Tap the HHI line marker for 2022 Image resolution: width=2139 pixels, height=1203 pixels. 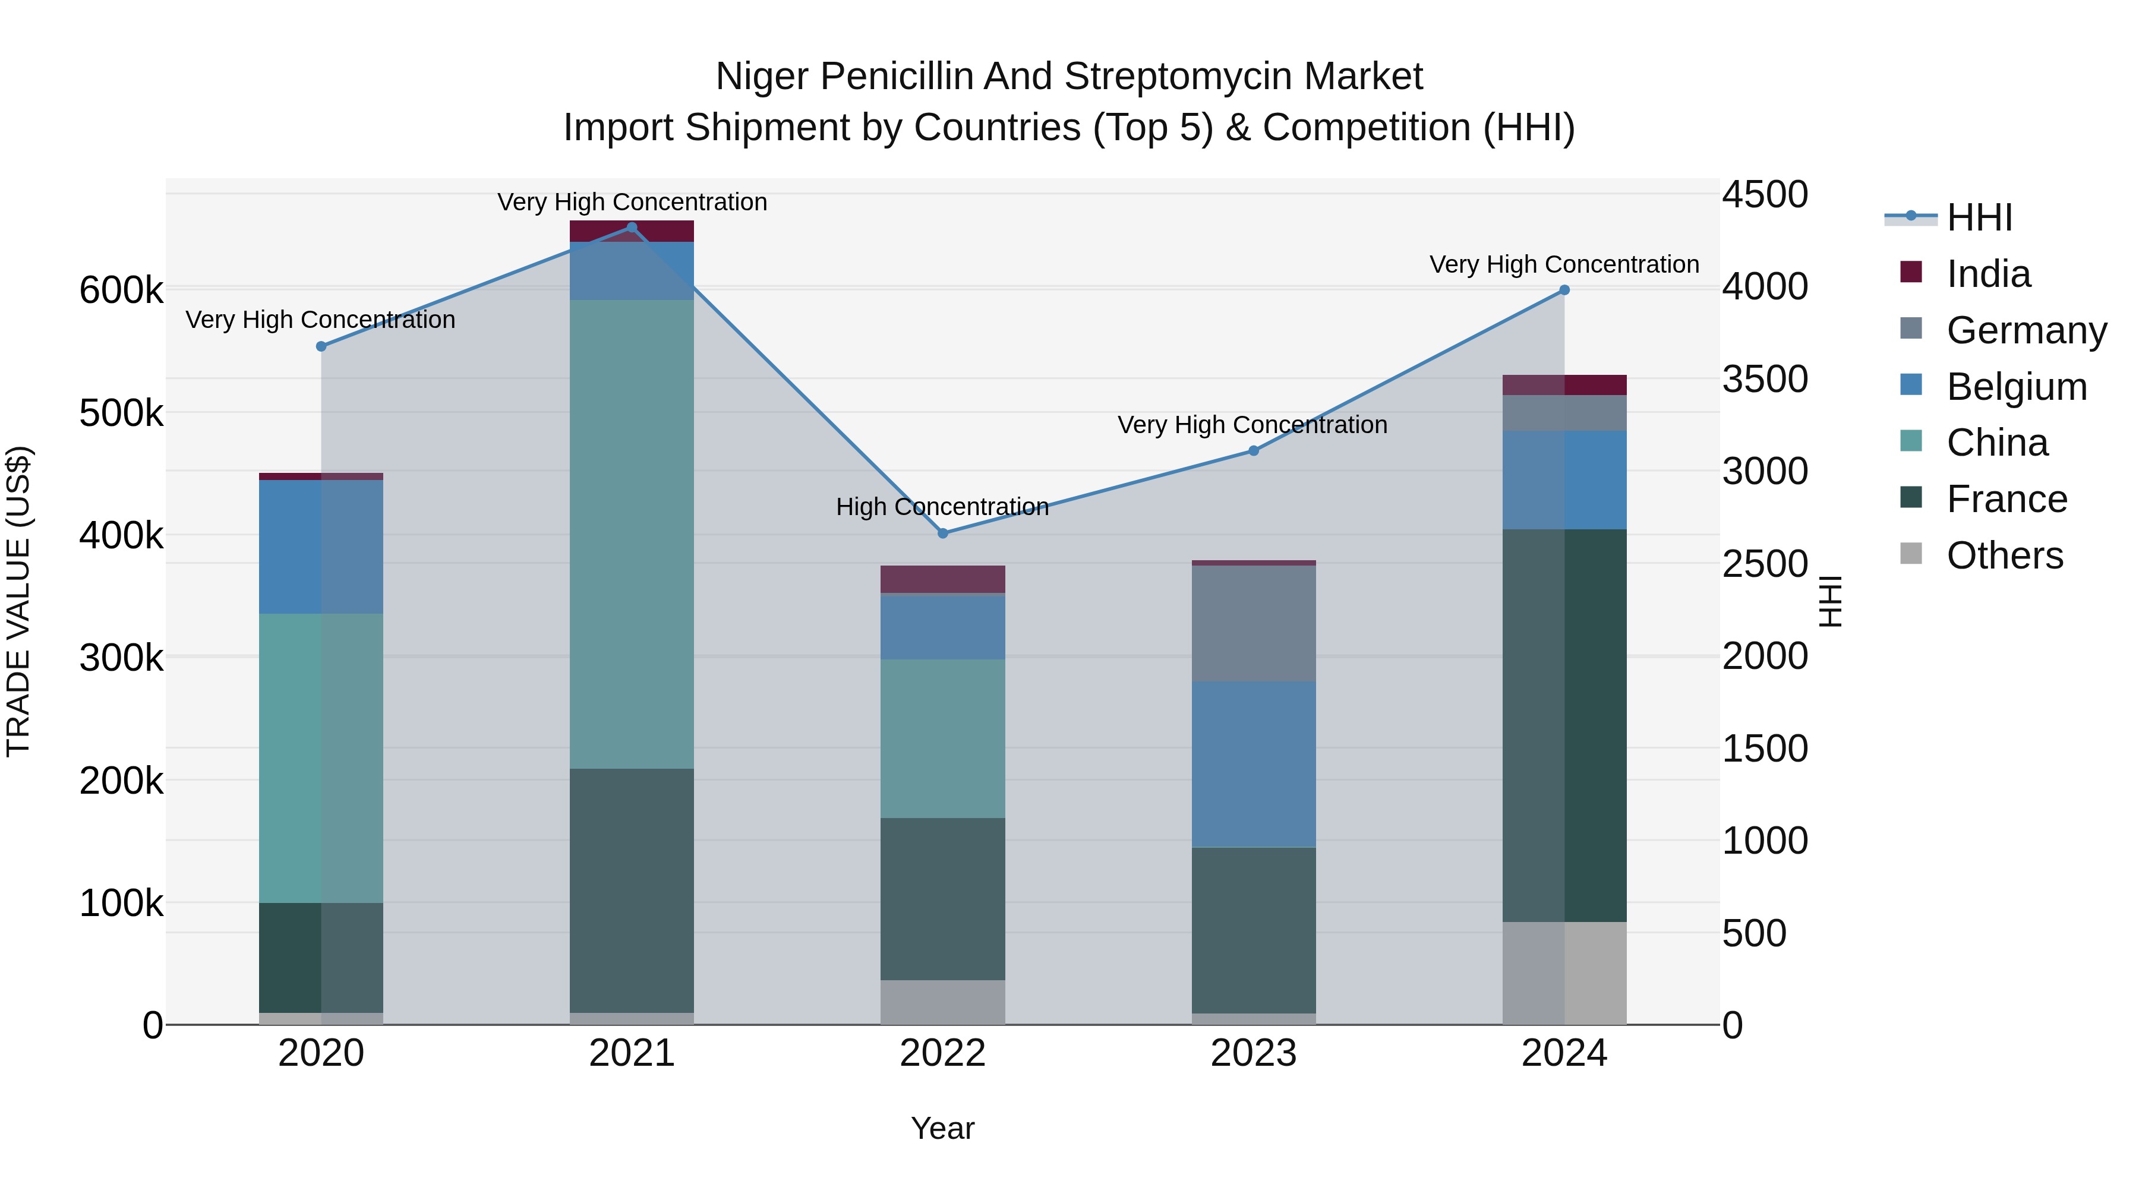click(x=942, y=533)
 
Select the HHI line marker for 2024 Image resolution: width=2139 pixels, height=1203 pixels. click(x=1564, y=290)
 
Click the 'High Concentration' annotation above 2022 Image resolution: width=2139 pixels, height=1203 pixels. click(x=942, y=506)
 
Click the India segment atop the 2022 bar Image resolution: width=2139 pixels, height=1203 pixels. click(x=942, y=579)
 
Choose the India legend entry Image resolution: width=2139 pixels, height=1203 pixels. click(x=1988, y=274)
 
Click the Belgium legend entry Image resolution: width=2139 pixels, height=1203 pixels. click(x=2016, y=387)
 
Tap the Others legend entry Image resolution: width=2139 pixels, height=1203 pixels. click(x=2005, y=555)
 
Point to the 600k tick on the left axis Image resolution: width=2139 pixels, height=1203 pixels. click(x=121, y=291)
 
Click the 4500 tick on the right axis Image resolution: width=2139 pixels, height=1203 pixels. click(x=1765, y=194)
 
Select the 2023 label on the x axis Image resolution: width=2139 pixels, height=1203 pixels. click(x=1253, y=1053)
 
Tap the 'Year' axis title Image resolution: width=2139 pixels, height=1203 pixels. click(x=942, y=1128)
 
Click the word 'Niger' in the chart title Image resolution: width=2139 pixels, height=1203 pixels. click(x=762, y=77)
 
